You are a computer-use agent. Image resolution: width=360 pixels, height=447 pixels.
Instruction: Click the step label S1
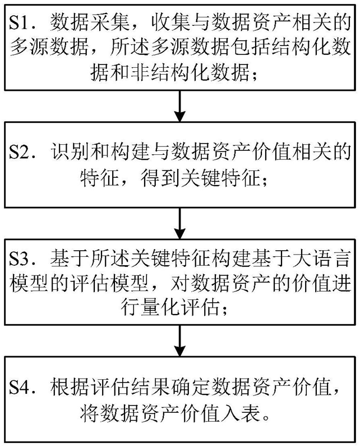coord(20,22)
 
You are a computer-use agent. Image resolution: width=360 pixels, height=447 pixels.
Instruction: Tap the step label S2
coord(20,152)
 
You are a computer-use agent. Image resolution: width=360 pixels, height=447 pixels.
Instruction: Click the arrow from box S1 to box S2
coord(180,106)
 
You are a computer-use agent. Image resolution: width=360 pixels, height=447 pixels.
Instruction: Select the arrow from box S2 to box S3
coord(180,223)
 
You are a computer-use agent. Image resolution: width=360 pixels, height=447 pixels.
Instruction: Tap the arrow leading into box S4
coord(180,340)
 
